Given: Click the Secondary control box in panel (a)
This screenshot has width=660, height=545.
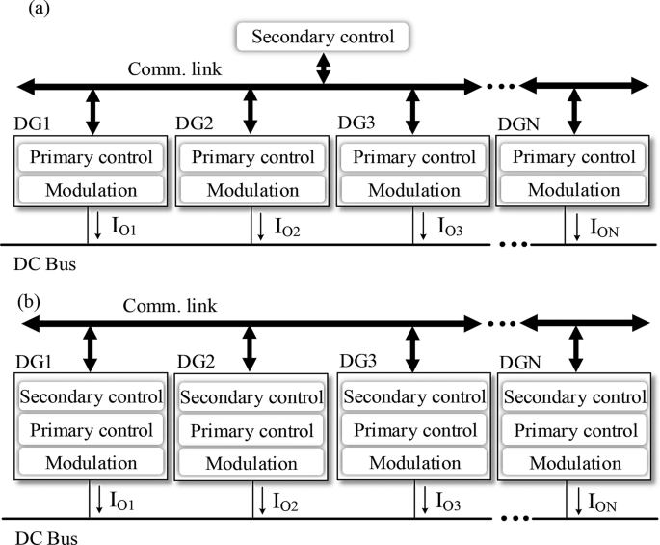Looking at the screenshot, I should [324, 38].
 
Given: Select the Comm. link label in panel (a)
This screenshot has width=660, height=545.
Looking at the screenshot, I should [166, 68].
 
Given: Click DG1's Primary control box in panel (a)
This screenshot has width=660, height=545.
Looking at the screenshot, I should [90, 157].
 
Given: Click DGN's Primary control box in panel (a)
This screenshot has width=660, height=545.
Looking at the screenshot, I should [575, 157].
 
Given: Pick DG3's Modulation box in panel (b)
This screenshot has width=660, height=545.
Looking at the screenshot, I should [413, 463].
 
